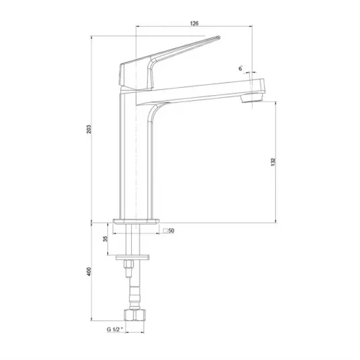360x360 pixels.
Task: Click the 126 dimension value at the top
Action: point(194,23)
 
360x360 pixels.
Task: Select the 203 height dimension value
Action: point(89,129)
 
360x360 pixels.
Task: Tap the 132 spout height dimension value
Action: point(274,162)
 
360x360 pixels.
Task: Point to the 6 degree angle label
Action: point(240,68)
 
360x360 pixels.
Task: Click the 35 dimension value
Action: point(105,239)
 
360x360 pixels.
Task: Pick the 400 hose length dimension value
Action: point(89,271)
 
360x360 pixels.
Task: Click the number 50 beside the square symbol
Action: point(171,230)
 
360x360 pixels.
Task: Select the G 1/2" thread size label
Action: point(114,329)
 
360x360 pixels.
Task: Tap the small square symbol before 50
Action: point(166,230)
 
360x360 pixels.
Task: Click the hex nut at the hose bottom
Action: point(135,315)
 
